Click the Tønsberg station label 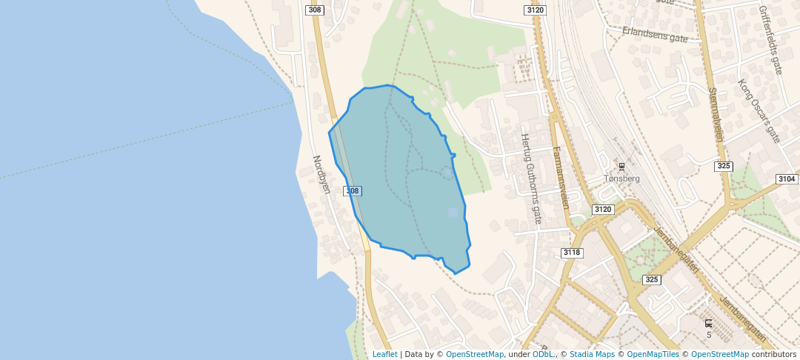point(621,179)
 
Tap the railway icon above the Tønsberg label point(621,166)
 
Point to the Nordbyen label point(321,174)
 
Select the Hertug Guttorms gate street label point(532,179)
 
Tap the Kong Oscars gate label point(759,110)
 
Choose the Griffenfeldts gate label point(770,41)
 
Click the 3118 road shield point(573,253)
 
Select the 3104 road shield point(787,179)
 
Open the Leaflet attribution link point(384,354)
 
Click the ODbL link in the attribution point(544,354)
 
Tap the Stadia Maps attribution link point(591,354)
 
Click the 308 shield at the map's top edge point(315,10)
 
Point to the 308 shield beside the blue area point(353,191)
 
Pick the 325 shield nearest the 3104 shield point(724,166)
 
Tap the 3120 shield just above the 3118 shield point(603,210)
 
